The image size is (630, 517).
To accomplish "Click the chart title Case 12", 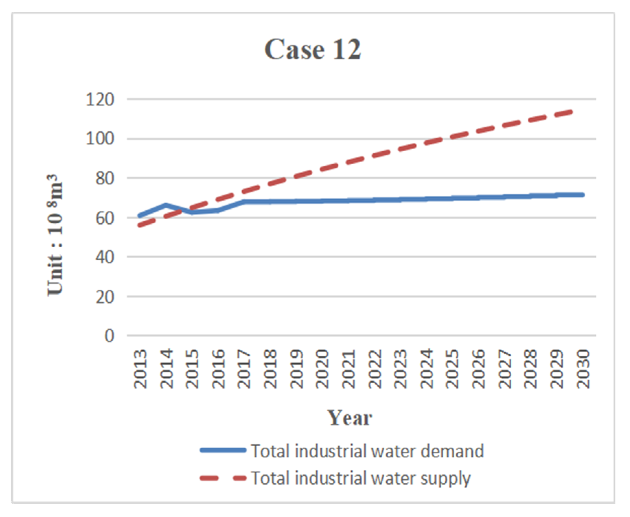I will [313, 49].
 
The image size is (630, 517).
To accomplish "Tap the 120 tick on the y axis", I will [100, 99].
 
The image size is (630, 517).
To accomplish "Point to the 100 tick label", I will [100, 139].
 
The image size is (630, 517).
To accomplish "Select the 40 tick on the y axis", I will [104, 257].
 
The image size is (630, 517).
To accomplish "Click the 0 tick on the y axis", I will [109, 336].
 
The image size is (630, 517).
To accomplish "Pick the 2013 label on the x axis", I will [140, 369].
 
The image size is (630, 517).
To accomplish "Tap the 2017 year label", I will [244, 369].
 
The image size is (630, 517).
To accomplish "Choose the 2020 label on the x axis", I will [322, 369].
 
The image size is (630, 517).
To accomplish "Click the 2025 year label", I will [452, 369].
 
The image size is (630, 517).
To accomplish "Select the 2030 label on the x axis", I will [583, 369].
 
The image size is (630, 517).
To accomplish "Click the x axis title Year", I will [349, 418].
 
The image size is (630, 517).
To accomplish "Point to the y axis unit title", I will [55, 235].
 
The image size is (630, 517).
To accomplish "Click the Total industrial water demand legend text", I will [367, 451].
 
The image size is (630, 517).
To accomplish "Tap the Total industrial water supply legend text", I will [360, 478].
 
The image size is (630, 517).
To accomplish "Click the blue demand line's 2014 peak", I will [166, 205].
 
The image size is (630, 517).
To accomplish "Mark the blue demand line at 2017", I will [244, 202].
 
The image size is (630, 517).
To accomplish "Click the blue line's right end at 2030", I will [582, 195].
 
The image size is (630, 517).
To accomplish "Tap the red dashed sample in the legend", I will [223, 478].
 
